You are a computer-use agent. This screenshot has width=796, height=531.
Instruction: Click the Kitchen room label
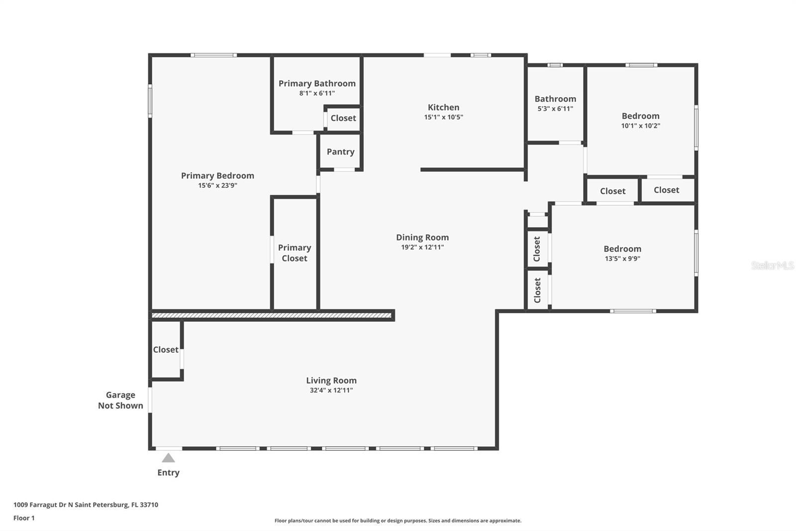(x=443, y=107)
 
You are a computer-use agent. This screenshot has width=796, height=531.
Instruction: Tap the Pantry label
(x=340, y=151)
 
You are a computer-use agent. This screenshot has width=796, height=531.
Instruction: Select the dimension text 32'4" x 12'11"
(x=331, y=390)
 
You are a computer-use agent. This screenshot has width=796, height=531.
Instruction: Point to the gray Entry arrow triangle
(x=169, y=458)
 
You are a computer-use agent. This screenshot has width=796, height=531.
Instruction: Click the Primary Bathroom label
(x=317, y=84)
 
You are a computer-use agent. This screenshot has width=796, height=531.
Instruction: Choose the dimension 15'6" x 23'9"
(x=217, y=185)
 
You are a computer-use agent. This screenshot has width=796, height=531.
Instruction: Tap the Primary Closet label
(x=295, y=253)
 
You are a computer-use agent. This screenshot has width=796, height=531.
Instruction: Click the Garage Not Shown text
(x=120, y=400)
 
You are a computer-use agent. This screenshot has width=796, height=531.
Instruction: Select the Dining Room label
(x=422, y=238)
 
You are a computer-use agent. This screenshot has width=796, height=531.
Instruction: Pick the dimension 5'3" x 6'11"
(x=555, y=109)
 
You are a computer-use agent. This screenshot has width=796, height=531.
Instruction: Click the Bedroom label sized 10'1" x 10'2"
(x=641, y=116)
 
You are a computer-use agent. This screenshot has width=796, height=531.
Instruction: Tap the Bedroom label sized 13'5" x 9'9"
(x=622, y=249)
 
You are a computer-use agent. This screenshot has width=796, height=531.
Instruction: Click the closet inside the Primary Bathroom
(x=343, y=118)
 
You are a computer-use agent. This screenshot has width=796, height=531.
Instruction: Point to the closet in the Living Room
(x=166, y=350)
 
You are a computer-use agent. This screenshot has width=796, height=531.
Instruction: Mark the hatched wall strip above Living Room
(x=272, y=315)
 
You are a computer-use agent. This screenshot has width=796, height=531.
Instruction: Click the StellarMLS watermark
(x=773, y=265)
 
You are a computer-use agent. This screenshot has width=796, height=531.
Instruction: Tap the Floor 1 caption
(x=24, y=518)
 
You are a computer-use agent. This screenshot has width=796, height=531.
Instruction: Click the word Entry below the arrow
(x=169, y=473)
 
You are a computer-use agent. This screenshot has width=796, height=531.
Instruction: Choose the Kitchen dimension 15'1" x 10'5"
(x=443, y=117)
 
